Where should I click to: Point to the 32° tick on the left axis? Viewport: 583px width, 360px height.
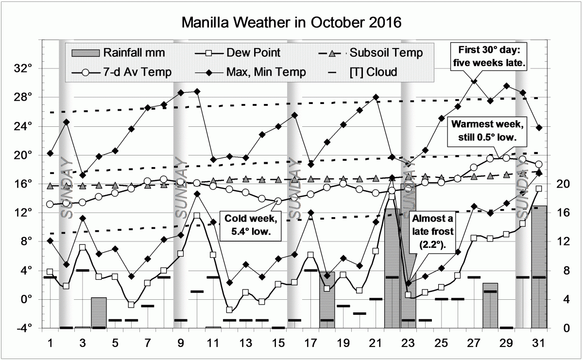(x=24, y=69)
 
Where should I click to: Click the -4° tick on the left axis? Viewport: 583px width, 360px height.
(x=24, y=328)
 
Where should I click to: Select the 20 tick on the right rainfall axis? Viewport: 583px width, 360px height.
(x=562, y=184)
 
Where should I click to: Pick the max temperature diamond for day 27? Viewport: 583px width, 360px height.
(x=474, y=81)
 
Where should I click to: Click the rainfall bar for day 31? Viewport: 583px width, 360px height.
(x=539, y=267)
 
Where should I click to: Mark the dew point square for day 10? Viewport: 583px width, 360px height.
(x=197, y=216)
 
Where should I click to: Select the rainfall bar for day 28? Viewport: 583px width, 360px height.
(x=490, y=306)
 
